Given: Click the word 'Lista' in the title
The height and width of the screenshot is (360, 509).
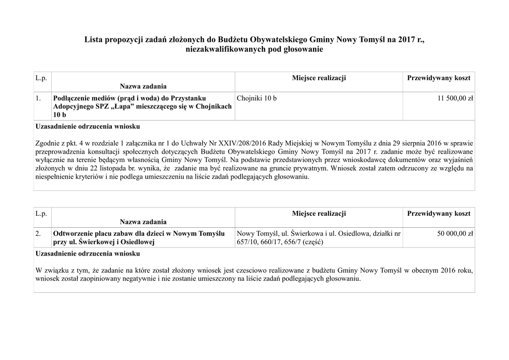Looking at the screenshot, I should tap(94, 40).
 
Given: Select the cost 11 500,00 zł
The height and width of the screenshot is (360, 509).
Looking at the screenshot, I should tap(455, 98).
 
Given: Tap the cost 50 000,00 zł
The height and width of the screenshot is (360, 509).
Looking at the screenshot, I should tap(455, 234).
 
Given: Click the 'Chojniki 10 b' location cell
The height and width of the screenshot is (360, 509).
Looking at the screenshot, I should tap(257, 98).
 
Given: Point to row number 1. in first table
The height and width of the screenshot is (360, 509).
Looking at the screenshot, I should tap(38, 98).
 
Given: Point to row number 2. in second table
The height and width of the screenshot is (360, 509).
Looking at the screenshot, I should tap(38, 234).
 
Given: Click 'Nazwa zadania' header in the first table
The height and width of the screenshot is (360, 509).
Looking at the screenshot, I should tap(143, 87).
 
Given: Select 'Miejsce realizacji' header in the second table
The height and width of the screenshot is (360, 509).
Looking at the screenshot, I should tap(319, 213).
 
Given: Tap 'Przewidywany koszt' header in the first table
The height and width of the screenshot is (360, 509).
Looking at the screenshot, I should tap(438, 78).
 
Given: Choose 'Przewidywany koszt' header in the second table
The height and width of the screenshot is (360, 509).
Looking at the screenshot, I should tap(438, 213).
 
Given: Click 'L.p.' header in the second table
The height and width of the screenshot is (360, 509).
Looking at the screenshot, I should tap(41, 214).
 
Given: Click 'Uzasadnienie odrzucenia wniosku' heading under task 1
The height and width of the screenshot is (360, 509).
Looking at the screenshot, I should tap(88, 126).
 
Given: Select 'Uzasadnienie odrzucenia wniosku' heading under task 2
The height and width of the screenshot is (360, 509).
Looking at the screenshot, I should tap(88, 254).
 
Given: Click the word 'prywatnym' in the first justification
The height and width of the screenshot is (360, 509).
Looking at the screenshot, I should tap(311, 168).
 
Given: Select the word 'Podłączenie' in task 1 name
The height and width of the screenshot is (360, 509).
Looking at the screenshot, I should tap(74, 98).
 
